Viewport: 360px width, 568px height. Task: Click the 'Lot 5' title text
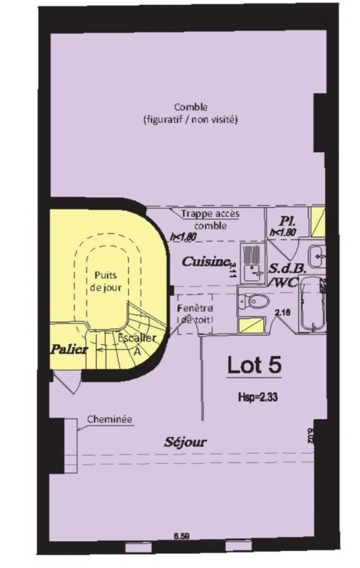[x=254, y=365]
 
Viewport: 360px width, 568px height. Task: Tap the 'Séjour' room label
[x=185, y=442]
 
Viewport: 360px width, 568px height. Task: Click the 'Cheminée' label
[x=109, y=419]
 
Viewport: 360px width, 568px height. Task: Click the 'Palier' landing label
[x=68, y=350]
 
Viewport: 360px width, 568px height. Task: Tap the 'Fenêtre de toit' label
[x=195, y=314]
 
